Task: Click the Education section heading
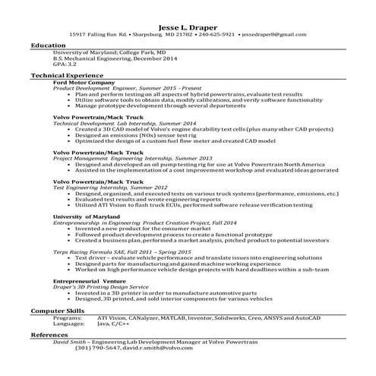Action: (x=48, y=46)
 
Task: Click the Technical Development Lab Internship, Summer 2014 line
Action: (x=113, y=123)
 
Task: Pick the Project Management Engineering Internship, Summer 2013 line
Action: (x=122, y=158)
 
